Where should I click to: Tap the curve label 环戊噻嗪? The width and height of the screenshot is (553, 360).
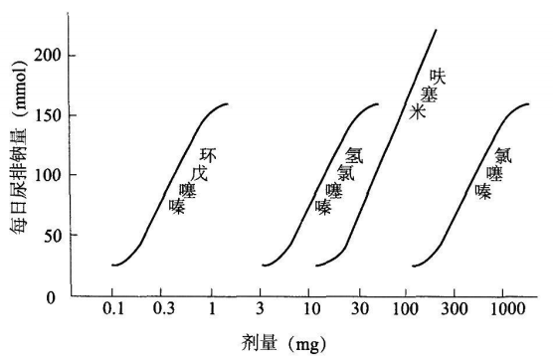[192, 180]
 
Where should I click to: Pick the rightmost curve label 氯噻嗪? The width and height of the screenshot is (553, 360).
[493, 172]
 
